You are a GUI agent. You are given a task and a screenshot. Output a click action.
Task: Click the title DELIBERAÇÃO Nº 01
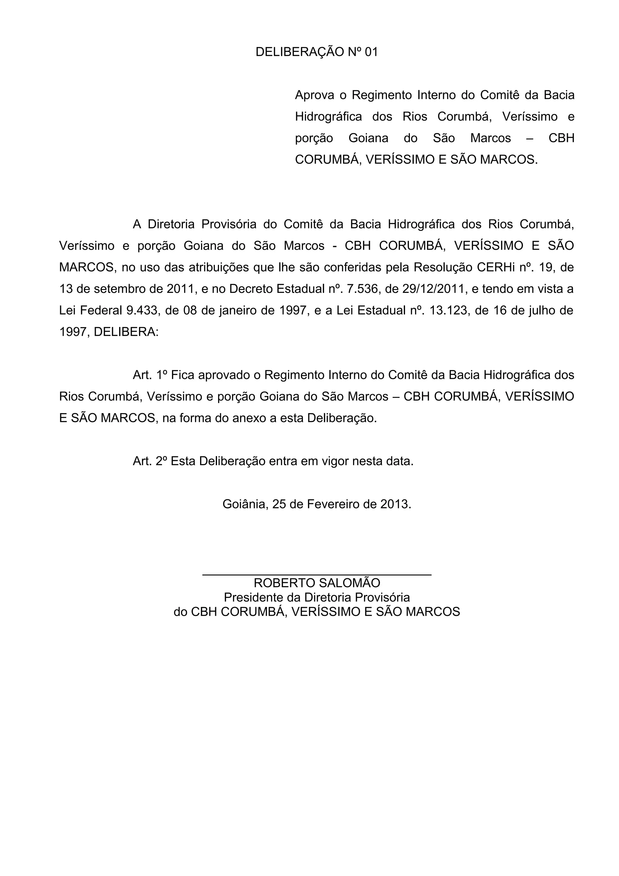316,52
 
